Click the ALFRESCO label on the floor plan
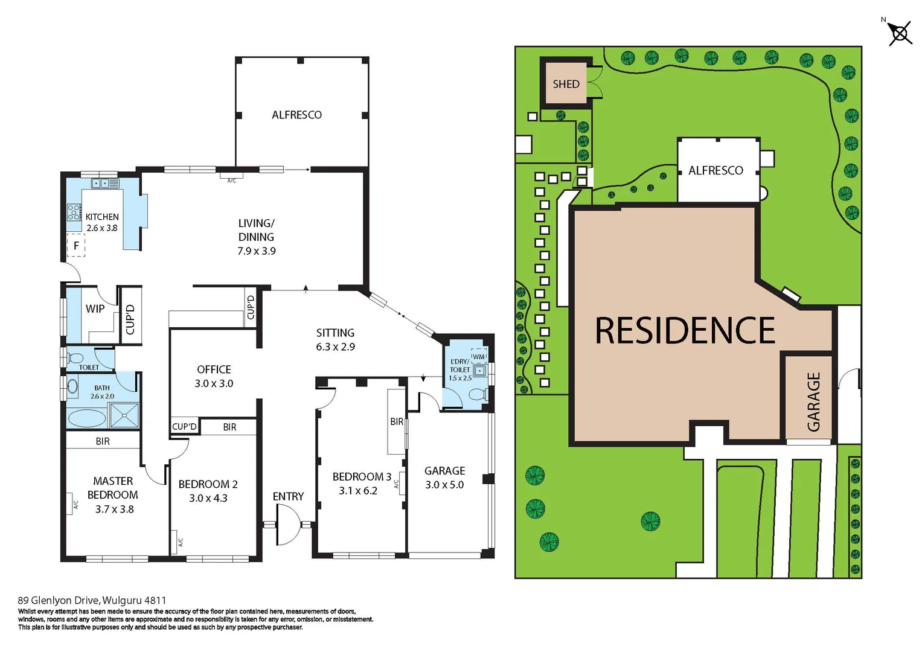296,115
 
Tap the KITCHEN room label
102,217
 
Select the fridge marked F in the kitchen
76,246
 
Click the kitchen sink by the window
105,182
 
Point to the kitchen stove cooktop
74,213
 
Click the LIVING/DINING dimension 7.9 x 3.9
256,251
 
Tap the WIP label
95,308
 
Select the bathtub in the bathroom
87,418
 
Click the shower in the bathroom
124,415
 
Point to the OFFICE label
214,369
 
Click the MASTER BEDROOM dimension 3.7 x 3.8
114,509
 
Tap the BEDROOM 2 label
208,484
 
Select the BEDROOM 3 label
362,477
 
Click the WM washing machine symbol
479,357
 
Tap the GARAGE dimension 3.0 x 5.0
444,485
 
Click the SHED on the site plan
566,84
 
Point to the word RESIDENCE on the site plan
685,331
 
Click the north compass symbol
900,33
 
